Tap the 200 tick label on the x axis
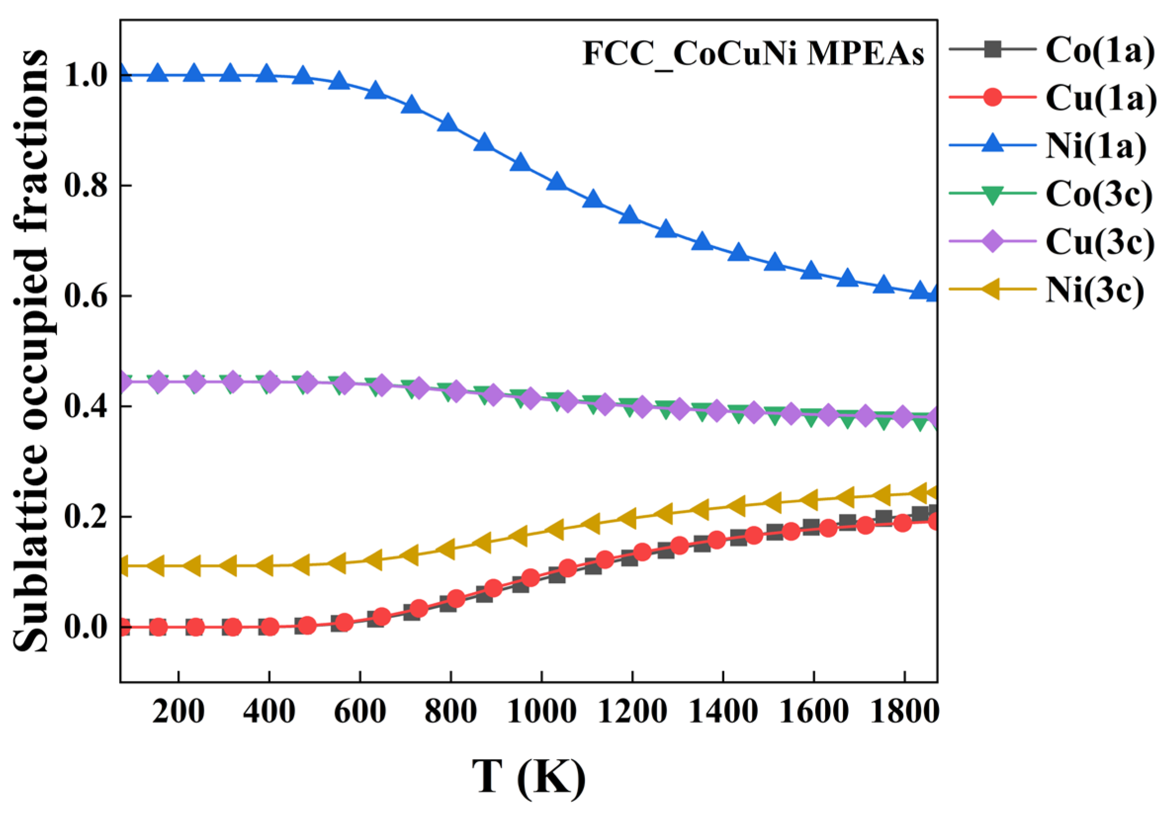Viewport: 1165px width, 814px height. [179, 712]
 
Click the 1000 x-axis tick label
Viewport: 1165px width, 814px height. [541, 712]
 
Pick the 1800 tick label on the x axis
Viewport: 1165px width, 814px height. [904, 712]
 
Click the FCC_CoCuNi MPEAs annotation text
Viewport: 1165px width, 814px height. [753, 54]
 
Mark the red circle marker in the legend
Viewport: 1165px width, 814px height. [992, 97]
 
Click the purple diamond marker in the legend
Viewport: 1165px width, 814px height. [992, 241]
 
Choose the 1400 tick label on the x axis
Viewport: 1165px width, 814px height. [723, 712]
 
